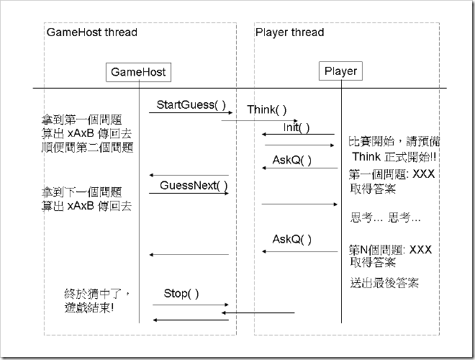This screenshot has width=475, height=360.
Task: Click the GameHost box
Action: click(138, 71)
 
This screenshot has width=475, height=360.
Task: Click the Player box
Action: click(340, 71)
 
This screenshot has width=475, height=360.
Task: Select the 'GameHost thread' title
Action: click(92, 32)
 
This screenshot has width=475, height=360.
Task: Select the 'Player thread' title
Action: click(289, 32)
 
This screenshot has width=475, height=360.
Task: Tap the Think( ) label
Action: click(267, 109)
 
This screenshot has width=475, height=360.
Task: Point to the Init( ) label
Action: click(296, 127)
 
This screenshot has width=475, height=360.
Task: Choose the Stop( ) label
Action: click(181, 293)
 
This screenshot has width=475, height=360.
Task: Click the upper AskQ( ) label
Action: click(291, 160)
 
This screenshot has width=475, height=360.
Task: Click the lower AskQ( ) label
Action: click(291, 239)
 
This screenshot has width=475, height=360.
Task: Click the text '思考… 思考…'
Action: click(385, 217)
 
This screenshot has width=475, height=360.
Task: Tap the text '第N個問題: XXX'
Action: click(390, 250)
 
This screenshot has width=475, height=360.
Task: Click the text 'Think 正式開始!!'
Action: click(394, 157)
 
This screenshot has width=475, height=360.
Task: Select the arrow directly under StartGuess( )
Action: click(189, 113)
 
